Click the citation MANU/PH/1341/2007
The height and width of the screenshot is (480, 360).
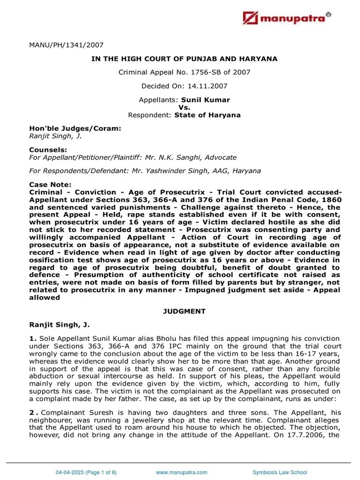tap(66, 45)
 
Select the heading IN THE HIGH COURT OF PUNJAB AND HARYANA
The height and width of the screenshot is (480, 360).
tap(184, 59)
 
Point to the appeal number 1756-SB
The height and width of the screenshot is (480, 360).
tap(210, 72)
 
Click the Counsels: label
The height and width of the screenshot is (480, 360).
tap(46, 150)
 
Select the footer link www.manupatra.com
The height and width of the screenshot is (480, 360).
tap(181, 472)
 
